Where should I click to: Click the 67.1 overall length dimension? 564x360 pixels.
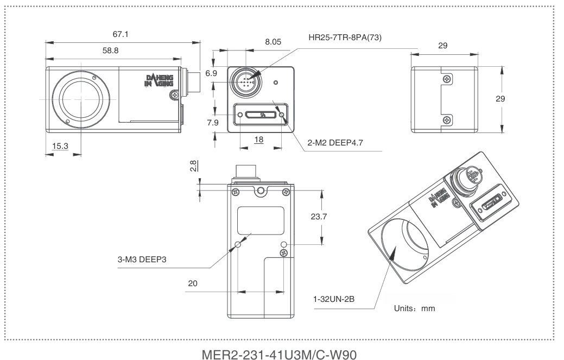click(121, 35)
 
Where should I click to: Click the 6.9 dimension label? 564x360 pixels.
click(212, 73)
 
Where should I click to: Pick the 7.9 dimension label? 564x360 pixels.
click(212, 123)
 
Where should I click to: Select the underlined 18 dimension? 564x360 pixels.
click(259, 140)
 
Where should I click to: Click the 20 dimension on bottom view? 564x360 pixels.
click(193, 283)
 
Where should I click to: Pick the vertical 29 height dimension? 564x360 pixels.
click(515, 99)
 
